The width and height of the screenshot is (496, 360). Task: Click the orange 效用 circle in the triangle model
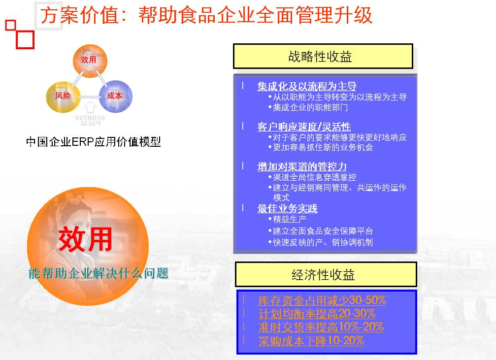tap(90, 61)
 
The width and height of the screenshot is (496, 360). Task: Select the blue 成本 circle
tap(115, 97)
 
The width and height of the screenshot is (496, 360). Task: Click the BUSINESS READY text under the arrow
tap(91, 120)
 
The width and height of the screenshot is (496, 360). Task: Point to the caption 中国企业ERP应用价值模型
tap(93, 142)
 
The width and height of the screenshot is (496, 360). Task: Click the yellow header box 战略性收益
tap(323, 56)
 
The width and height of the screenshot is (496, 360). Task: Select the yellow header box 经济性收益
tap(326, 275)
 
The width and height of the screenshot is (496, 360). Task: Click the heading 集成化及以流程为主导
tap(307, 86)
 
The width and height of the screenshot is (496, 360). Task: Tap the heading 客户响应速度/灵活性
tap(304, 127)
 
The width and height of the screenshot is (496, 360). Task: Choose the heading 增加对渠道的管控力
tap(302, 166)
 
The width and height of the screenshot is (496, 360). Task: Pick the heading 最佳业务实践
tap(287, 208)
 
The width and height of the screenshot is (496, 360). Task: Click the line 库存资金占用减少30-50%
tap(322, 300)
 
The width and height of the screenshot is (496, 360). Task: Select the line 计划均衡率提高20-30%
tap(317, 314)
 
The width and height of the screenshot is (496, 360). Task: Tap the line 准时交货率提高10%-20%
tap(321, 327)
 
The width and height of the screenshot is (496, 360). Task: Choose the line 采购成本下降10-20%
tap(311, 341)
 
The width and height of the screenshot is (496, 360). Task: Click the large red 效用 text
tap(85, 239)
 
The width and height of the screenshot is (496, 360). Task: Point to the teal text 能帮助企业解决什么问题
tap(99, 273)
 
